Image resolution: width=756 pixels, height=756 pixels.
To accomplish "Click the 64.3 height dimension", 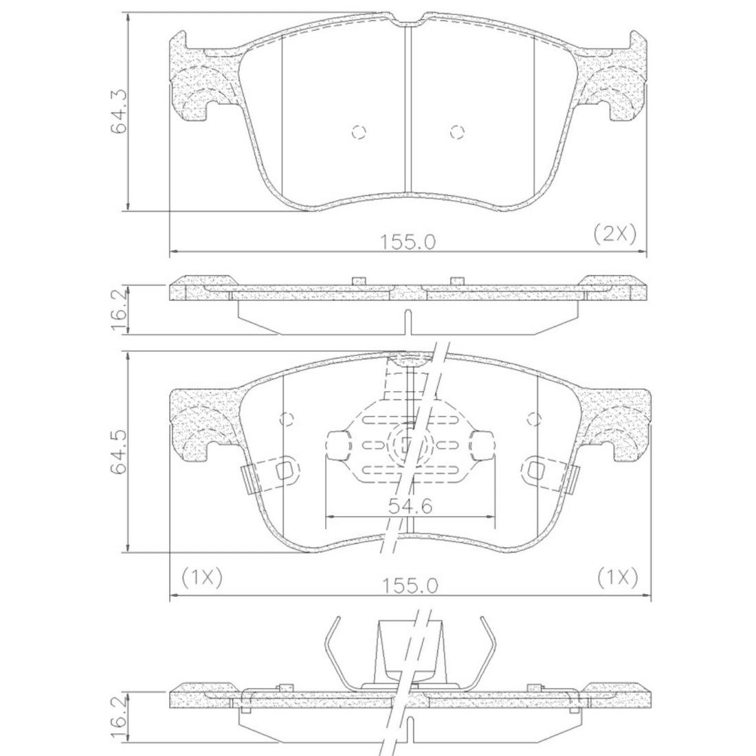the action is [x=119, y=111].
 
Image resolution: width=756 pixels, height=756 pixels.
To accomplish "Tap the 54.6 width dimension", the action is [x=410, y=506].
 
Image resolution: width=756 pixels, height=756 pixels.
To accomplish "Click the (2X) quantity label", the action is [x=614, y=234].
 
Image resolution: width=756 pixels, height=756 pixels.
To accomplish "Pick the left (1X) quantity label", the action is [x=201, y=577].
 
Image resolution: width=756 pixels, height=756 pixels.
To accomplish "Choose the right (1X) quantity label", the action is [x=618, y=577].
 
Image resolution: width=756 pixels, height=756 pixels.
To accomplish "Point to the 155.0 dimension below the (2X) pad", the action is [x=408, y=241].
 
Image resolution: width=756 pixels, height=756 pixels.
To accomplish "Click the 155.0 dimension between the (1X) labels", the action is [x=410, y=586].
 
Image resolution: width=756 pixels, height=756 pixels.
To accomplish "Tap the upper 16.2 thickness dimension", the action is [x=119, y=309].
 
